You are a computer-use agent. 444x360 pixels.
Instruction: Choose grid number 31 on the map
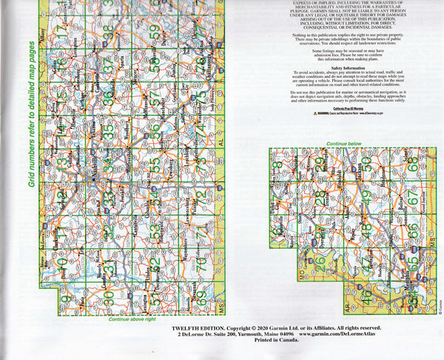click(x=109, y=262)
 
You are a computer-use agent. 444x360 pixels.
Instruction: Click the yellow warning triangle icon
click(x=316, y=115)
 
